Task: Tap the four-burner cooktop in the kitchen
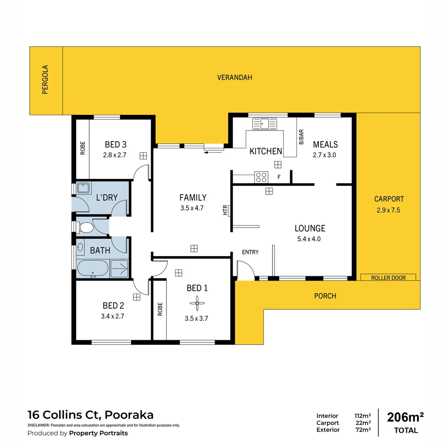[261, 177]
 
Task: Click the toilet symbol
[86, 227]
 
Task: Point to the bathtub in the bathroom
[93, 269]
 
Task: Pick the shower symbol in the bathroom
[120, 269]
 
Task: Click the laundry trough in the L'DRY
[84, 188]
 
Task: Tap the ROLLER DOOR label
[388, 278]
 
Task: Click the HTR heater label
[225, 211]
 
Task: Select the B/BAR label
[301, 137]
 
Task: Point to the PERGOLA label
[45, 80]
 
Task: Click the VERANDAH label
[235, 78]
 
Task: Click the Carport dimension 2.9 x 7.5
[389, 210]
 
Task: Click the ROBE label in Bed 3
[83, 148]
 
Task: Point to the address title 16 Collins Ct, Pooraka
[90, 415]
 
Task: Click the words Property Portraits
[98, 433]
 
